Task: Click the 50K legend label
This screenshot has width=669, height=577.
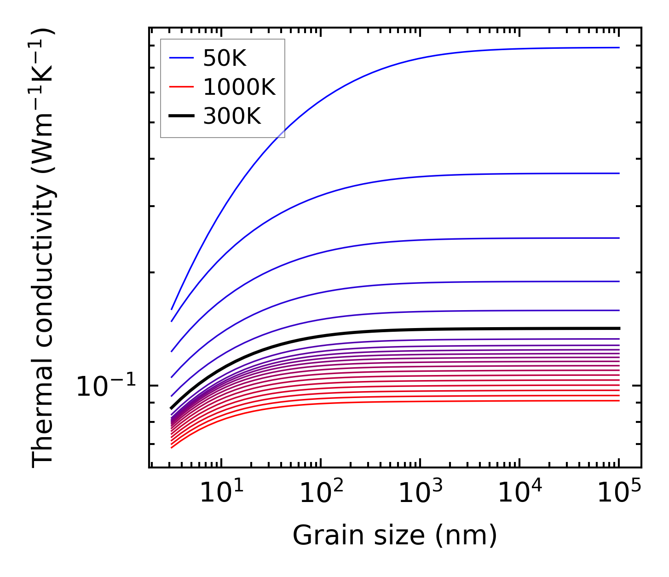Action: pyautogui.click(x=225, y=58)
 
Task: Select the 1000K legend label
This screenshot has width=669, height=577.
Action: pyautogui.click(x=239, y=87)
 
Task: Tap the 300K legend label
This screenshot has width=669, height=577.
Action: pyautogui.click(x=232, y=116)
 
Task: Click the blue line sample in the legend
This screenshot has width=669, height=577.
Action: pyautogui.click(x=182, y=58)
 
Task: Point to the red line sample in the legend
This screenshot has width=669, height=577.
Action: pyautogui.click(x=182, y=87)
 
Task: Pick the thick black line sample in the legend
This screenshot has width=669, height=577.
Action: pyautogui.click(x=182, y=116)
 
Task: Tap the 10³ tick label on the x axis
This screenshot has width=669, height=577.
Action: pyautogui.click(x=420, y=493)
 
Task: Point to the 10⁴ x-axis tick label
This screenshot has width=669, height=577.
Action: pyautogui.click(x=519, y=493)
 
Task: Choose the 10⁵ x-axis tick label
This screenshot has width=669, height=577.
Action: pyautogui.click(x=618, y=493)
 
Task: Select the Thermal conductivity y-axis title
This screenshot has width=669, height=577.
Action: pyautogui.click(x=43, y=248)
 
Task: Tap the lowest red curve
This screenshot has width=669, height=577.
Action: pyautogui.click(x=368, y=402)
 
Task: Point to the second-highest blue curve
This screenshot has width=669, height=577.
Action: pyautogui.click(x=368, y=183)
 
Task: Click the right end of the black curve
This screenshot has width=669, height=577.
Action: pyautogui.click(x=619, y=328)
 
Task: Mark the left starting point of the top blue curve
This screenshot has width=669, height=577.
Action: pyautogui.click(x=172, y=309)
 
